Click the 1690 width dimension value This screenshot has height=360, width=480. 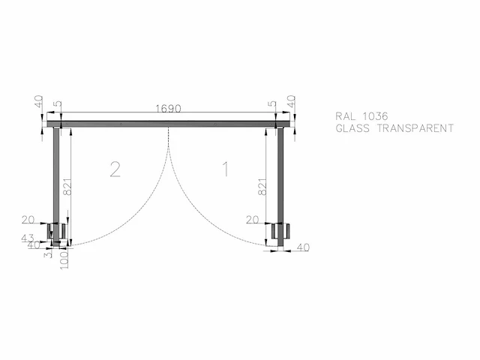(168, 109)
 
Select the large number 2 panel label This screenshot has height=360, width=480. (115, 169)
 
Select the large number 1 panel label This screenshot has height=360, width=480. (224, 169)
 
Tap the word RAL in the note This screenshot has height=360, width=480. (346, 116)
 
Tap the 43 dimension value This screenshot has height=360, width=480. (28, 238)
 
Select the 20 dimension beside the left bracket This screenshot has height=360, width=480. (28, 220)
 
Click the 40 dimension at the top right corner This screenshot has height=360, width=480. (292, 102)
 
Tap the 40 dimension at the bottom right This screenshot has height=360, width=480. (303, 247)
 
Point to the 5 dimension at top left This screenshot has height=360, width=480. (57, 105)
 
